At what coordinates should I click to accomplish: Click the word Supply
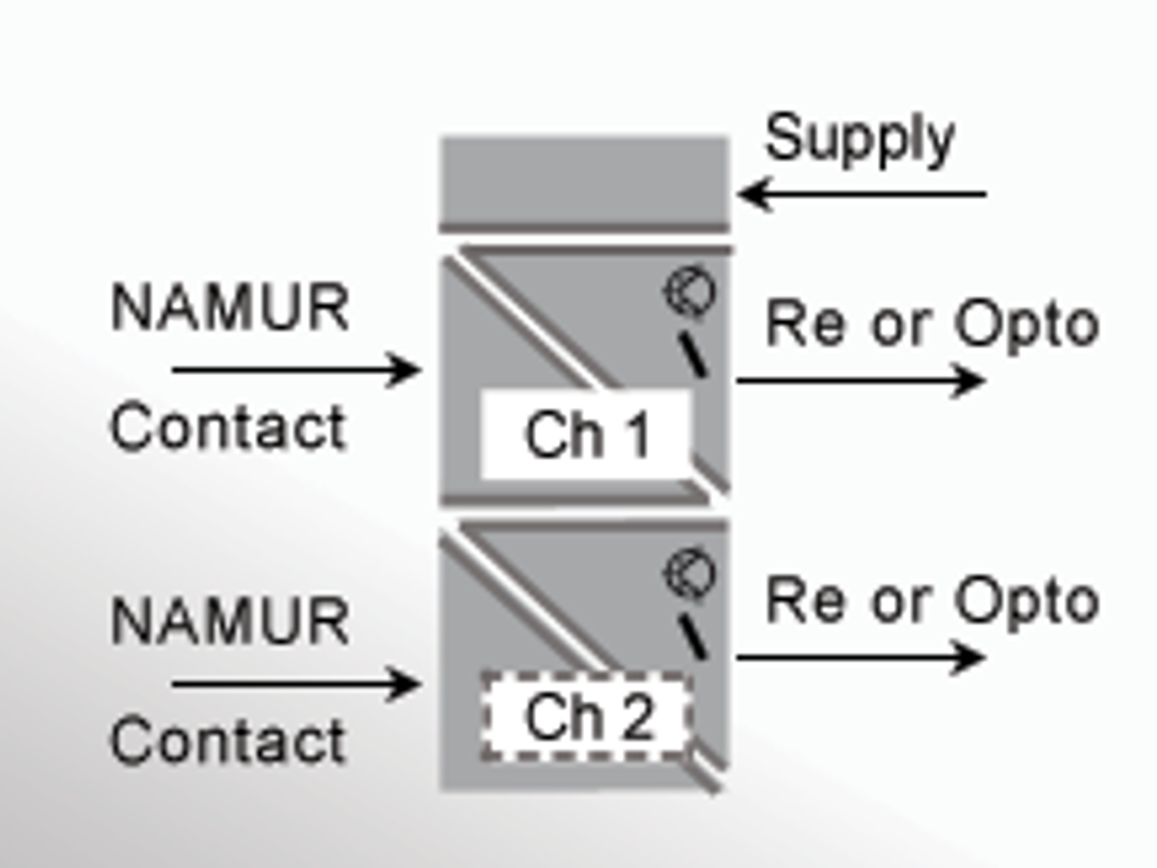point(859,140)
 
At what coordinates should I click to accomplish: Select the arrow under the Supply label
point(862,194)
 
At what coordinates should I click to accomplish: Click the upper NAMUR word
point(230,307)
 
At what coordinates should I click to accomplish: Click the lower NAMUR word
point(230,621)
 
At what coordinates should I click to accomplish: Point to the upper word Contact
point(228,427)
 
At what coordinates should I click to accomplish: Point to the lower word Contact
point(228,740)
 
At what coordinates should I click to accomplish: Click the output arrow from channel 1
point(861,381)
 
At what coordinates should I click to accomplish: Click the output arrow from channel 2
point(861,657)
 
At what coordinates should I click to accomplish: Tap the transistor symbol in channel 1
point(691,292)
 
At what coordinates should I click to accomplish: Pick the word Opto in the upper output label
point(1027,325)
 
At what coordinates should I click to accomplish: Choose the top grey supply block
point(585,182)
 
